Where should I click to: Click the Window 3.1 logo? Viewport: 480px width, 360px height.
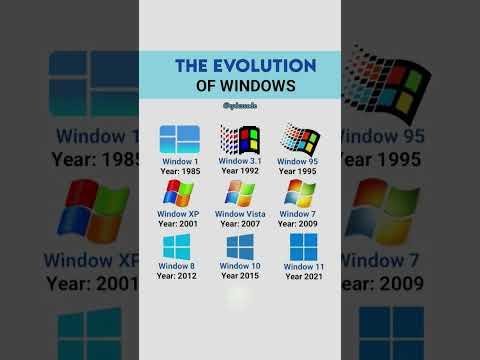(x=240, y=138)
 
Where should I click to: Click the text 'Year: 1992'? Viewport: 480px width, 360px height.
(x=240, y=170)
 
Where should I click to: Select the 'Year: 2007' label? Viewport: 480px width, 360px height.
(x=240, y=224)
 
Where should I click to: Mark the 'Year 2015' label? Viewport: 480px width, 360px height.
(x=240, y=276)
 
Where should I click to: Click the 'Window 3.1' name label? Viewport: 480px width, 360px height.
(x=240, y=160)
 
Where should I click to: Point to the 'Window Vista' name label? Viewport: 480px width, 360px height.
(x=240, y=214)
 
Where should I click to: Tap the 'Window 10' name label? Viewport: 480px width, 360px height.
(x=240, y=266)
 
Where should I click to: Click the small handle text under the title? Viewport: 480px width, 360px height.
(x=240, y=106)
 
